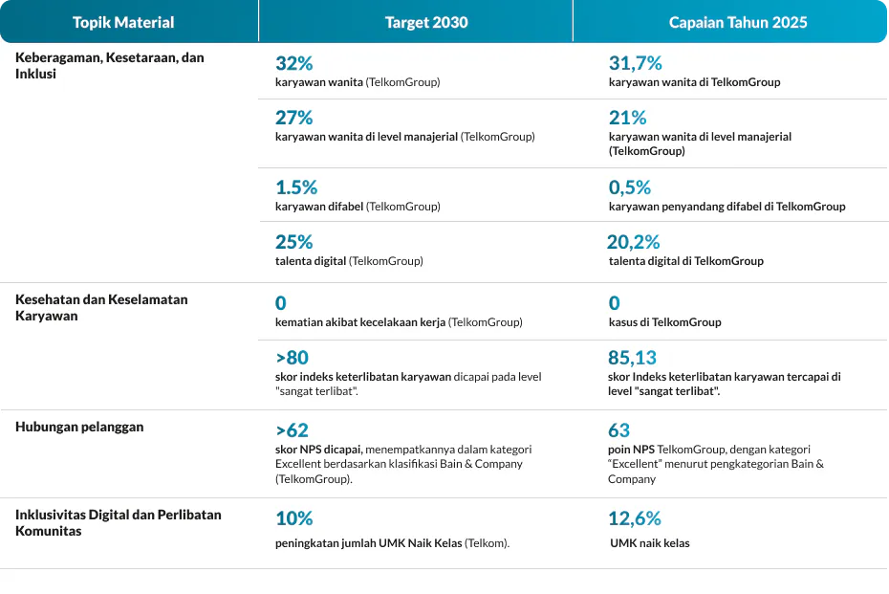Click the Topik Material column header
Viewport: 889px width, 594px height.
pos(123,22)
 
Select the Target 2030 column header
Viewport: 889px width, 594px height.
pos(426,22)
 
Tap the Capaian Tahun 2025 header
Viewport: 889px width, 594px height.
pos(738,22)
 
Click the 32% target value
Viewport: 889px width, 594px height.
pos(293,63)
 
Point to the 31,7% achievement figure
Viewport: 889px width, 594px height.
pos(635,63)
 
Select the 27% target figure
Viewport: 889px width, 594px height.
pos(293,118)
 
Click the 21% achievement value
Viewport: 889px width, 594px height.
pos(627,118)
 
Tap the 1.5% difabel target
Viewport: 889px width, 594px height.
pos(296,187)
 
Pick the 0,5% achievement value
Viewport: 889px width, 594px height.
pos(629,187)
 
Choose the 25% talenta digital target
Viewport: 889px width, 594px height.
pos(293,242)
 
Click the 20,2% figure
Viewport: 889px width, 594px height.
pos(634,242)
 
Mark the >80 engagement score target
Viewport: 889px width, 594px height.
pos(292,358)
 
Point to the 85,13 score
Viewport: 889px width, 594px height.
pos(632,358)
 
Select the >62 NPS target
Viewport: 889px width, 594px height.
pos(292,430)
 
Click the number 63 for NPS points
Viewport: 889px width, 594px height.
pos(618,430)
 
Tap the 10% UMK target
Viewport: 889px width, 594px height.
pos(293,518)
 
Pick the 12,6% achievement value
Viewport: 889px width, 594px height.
pos(635,518)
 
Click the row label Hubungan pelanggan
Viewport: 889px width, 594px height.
pos(79,428)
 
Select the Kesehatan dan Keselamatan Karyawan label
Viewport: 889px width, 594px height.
pos(101,307)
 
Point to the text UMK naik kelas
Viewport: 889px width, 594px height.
pos(650,543)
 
